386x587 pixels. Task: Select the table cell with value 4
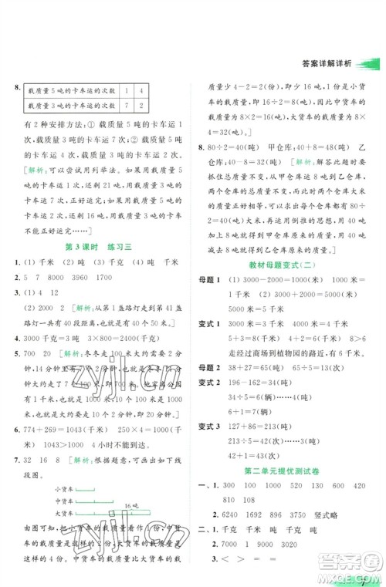point(144,89)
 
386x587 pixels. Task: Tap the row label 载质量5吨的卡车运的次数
point(69,89)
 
